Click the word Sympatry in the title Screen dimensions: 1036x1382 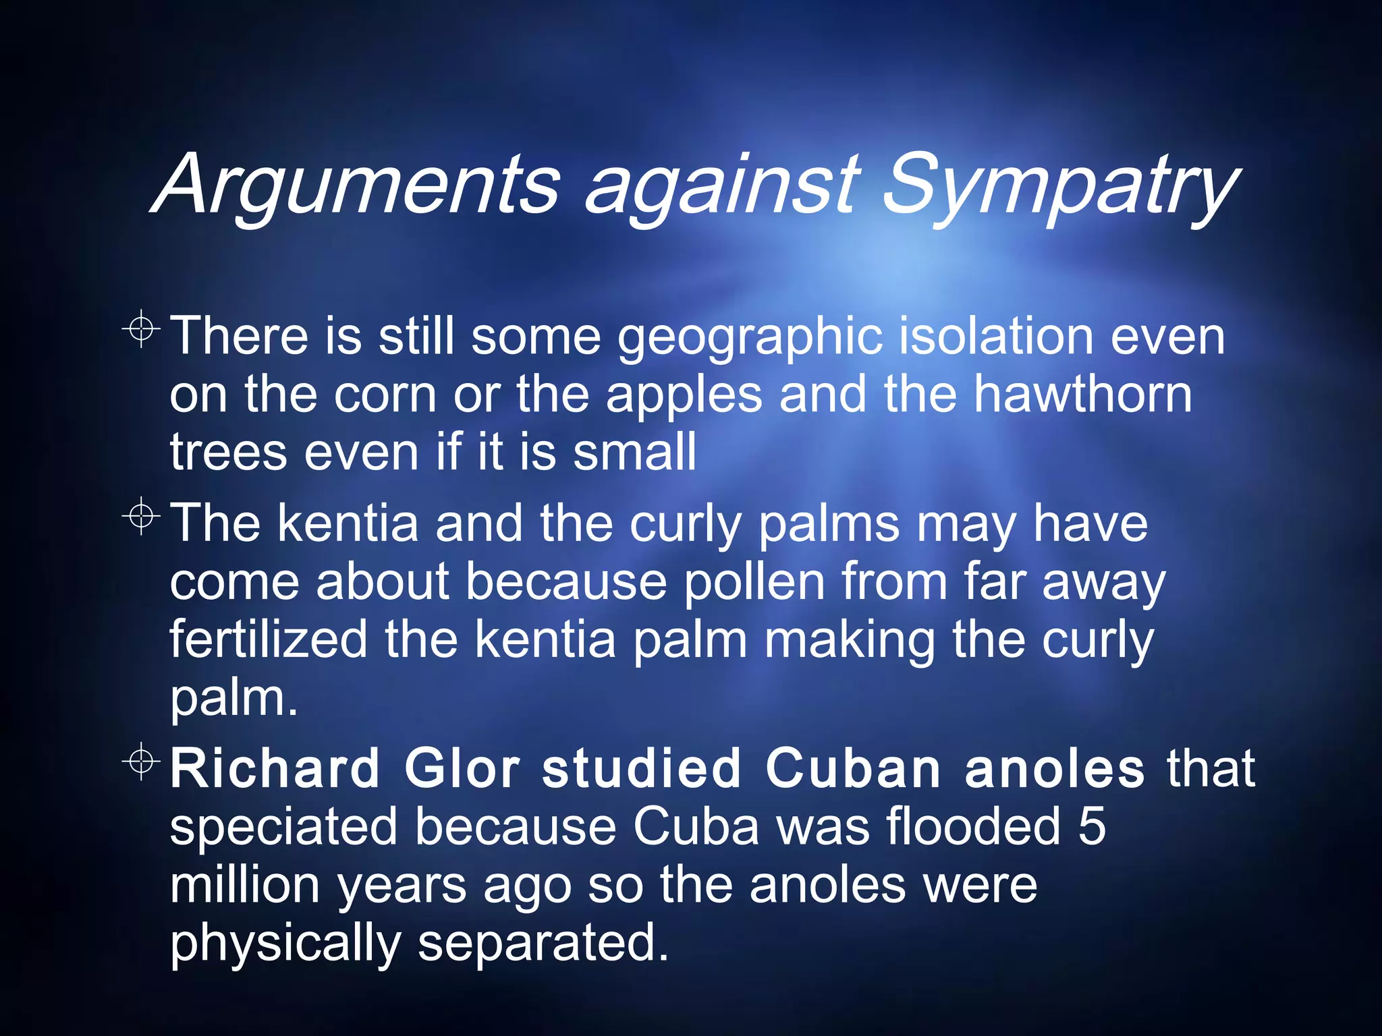click(x=1059, y=183)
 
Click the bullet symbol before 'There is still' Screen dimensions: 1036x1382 click(x=141, y=329)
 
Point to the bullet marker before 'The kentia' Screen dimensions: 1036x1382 click(x=141, y=517)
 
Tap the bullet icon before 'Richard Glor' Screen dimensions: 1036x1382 click(x=141, y=762)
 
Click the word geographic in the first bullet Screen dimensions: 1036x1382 click(x=750, y=337)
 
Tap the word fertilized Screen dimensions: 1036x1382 click(x=269, y=639)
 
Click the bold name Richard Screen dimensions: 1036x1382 click(x=274, y=769)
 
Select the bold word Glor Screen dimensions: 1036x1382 click(x=462, y=769)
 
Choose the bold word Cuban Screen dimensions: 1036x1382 click(x=853, y=769)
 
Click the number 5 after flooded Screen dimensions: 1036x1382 click(x=1092, y=827)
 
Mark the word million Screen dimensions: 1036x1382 click(x=244, y=885)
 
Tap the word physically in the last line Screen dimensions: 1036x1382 click(x=285, y=944)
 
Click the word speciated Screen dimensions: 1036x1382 click(x=283, y=828)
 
